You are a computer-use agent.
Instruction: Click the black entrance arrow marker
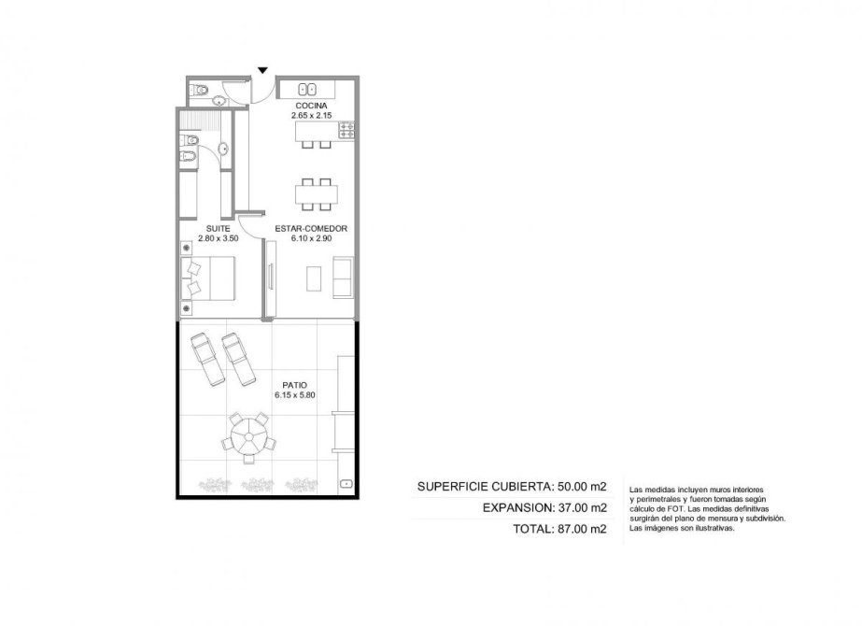(262, 70)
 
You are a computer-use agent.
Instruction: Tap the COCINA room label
(311, 106)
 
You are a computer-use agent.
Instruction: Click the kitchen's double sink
(306, 89)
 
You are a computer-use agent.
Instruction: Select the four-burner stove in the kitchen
(346, 130)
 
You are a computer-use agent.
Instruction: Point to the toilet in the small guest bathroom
(199, 89)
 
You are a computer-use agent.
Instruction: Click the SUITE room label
(219, 228)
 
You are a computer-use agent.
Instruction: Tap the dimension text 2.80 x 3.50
(219, 239)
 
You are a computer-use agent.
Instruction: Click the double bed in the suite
(208, 278)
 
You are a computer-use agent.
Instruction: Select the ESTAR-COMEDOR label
(311, 228)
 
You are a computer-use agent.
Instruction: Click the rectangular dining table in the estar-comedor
(316, 194)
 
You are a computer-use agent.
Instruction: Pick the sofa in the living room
(343, 277)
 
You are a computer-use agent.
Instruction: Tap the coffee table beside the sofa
(314, 278)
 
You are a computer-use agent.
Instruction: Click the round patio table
(249, 435)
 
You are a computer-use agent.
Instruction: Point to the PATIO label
(295, 385)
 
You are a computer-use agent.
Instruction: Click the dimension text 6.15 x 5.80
(295, 395)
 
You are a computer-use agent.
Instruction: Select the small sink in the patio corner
(346, 484)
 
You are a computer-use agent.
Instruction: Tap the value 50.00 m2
(582, 486)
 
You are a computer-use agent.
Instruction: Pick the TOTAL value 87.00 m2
(582, 529)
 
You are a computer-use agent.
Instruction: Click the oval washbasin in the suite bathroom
(223, 149)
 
